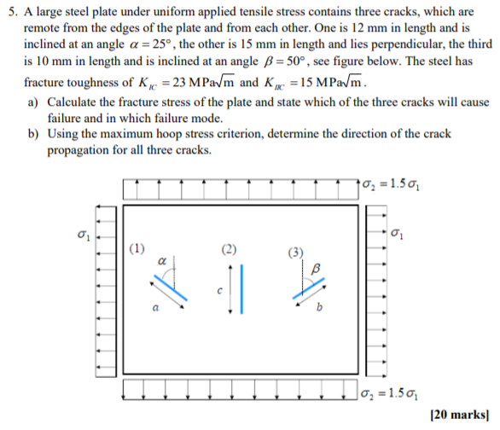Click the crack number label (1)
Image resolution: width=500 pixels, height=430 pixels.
(x=137, y=249)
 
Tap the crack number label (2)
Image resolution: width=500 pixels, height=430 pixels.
(x=228, y=250)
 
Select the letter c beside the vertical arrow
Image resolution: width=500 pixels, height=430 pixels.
(x=218, y=291)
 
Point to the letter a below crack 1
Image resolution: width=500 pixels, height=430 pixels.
(x=154, y=307)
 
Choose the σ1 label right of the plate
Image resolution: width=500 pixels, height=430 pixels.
(x=398, y=232)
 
